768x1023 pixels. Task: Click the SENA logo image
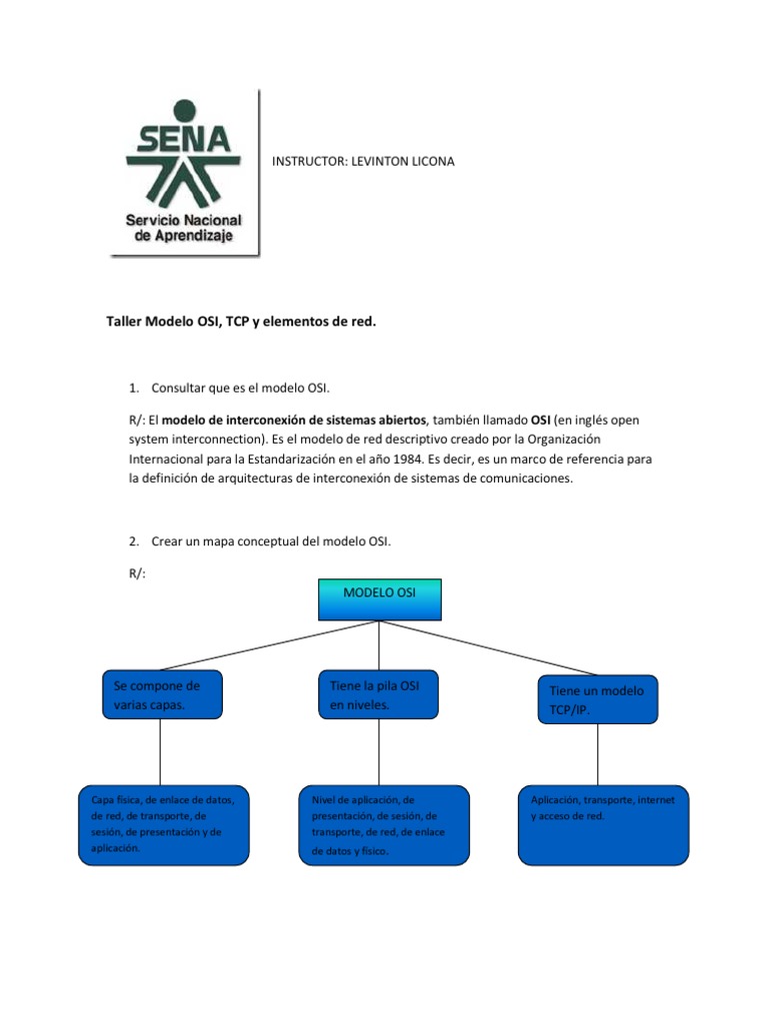tap(184, 173)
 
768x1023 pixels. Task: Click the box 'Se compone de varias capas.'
tap(161, 694)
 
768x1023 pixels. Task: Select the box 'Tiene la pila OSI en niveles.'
tap(378, 694)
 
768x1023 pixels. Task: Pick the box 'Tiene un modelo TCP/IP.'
tap(598, 699)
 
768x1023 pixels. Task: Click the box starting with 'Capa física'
tap(163, 824)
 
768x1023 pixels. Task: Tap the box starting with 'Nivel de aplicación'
tap(383, 825)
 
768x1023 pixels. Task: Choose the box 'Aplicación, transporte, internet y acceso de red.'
tap(603, 824)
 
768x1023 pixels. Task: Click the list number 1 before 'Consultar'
tap(133, 387)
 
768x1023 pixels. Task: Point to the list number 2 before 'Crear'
tap(133, 541)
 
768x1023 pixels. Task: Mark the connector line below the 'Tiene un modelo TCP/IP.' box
tap(598, 754)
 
